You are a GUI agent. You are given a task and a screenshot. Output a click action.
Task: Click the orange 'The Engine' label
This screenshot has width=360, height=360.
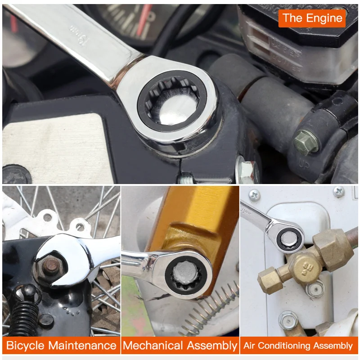click(312, 18)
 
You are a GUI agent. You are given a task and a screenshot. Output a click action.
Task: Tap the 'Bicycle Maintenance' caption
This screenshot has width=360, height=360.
click(61, 346)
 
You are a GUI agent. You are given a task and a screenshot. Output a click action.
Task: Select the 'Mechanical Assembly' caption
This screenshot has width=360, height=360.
click(180, 346)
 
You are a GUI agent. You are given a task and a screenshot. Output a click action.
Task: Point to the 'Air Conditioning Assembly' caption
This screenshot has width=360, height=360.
click(298, 346)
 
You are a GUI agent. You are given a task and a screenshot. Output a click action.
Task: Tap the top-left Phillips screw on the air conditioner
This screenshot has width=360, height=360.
click(254, 194)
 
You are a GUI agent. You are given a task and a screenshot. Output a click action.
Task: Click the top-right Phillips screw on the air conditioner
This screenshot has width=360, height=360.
click(339, 192)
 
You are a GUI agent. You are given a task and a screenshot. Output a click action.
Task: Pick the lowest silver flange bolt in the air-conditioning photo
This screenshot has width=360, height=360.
click(287, 321)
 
